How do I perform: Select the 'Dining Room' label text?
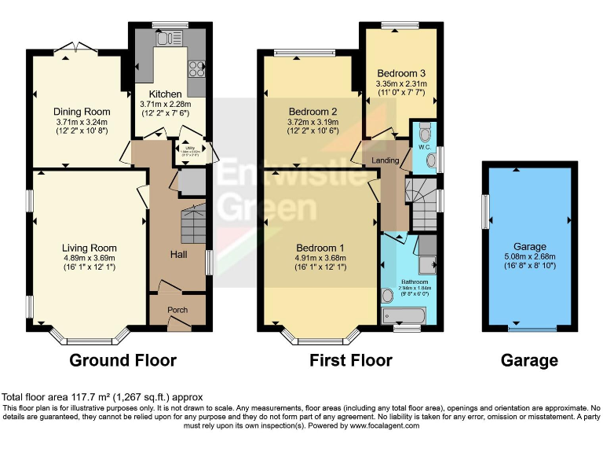(x=82, y=112)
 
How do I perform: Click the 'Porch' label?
(x=177, y=310)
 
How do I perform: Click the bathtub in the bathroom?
(x=403, y=315)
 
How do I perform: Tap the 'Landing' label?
(x=386, y=161)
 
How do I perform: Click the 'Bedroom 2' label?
(x=312, y=111)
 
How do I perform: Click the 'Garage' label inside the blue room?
(x=529, y=246)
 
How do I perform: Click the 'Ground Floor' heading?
(x=123, y=360)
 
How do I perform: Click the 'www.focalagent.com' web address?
(x=376, y=425)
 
